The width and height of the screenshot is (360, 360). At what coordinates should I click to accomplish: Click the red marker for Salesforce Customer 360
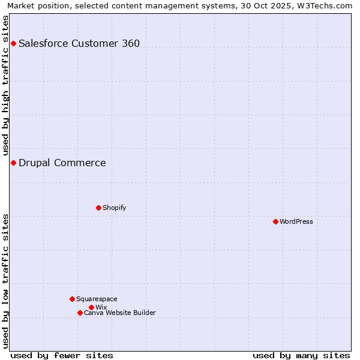point(13,43)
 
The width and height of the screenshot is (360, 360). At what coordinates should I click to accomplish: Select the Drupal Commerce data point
point(13,163)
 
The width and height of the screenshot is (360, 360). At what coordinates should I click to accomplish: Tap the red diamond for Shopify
point(98,208)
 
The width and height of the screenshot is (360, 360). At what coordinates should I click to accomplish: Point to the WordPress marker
point(275,221)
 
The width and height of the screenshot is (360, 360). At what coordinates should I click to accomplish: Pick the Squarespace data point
point(72,299)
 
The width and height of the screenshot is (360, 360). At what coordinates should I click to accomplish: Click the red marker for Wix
point(91,307)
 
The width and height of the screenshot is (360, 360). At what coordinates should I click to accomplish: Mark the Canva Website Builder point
point(80,313)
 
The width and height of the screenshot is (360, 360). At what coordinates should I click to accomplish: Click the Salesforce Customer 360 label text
point(79,43)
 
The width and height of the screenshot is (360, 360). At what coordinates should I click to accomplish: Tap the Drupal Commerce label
point(62,163)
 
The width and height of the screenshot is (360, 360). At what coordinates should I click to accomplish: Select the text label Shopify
point(114,208)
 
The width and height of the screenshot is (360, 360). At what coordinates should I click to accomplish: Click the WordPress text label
point(296,221)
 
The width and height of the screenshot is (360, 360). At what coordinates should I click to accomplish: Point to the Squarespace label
point(97,299)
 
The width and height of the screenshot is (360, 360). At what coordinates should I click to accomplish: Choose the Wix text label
point(101,307)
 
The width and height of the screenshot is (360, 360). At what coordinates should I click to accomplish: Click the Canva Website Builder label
point(120,313)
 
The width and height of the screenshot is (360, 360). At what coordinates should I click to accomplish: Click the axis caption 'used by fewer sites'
point(62,355)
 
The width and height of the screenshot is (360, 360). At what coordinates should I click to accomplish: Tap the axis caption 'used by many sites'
point(301,355)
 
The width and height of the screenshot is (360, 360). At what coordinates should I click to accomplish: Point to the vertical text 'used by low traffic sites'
point(6,281)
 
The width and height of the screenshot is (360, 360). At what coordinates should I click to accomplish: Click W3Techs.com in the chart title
point(327,5)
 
